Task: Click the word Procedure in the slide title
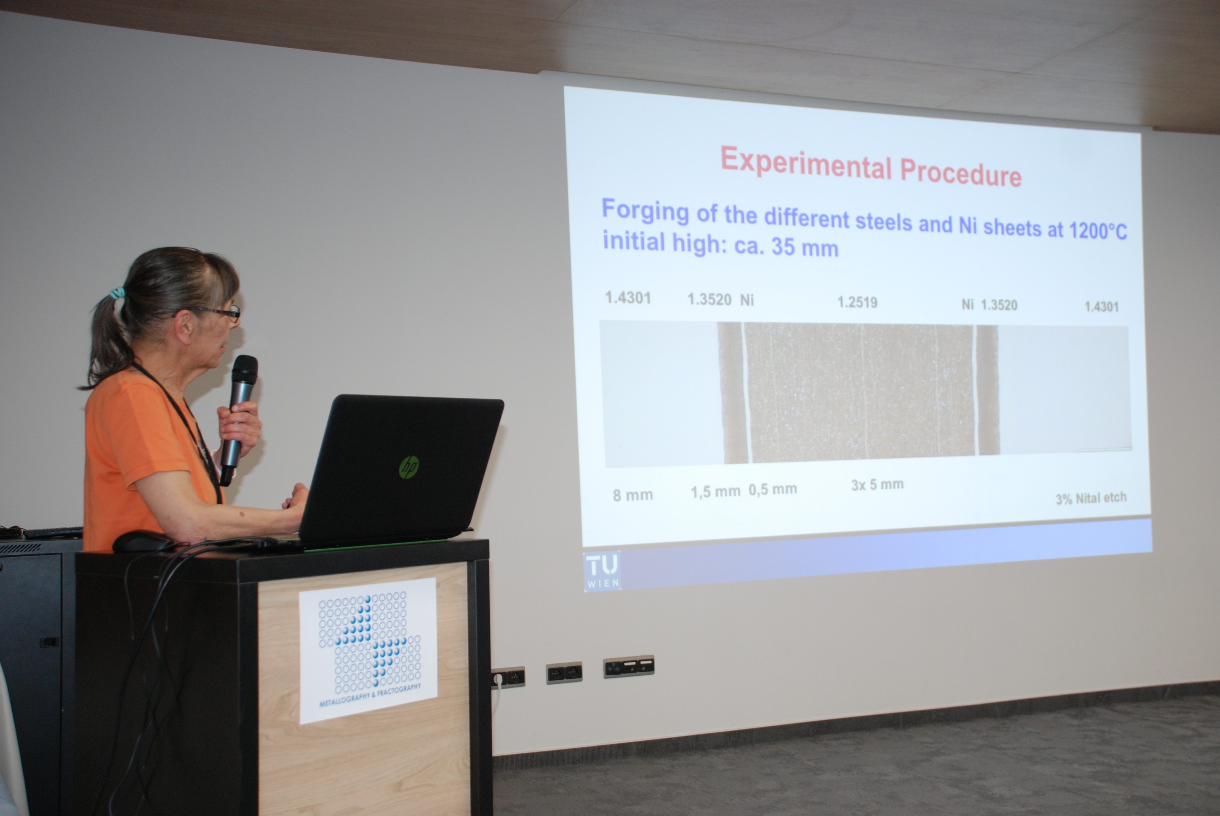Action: [961, 172]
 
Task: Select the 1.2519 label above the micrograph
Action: [857, 302]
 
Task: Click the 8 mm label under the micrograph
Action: [633, 495]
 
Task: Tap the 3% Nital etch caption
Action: [1091, 498]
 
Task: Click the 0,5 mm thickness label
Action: [773, 489]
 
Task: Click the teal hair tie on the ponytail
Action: [117, 293]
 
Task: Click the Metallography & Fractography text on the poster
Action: [370, 695]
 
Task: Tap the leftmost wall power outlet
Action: [508, 677]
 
